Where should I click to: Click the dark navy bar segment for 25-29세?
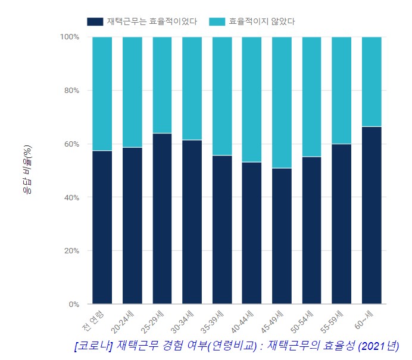coord(162,218)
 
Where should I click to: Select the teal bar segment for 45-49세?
coord(282,103)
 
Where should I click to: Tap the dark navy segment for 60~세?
coord(372,215)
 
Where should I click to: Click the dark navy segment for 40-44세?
coord(252,232)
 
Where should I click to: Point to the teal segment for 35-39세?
coord(222,96)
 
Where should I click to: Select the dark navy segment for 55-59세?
coord(342,224)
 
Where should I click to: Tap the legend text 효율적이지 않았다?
coord(262,21)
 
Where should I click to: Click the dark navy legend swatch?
coord(95,21)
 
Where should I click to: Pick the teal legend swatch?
coord(217,21)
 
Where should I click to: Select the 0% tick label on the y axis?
coord(73,304)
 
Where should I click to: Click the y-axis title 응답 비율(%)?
coord(27,170)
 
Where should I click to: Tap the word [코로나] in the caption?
coord(95,346)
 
